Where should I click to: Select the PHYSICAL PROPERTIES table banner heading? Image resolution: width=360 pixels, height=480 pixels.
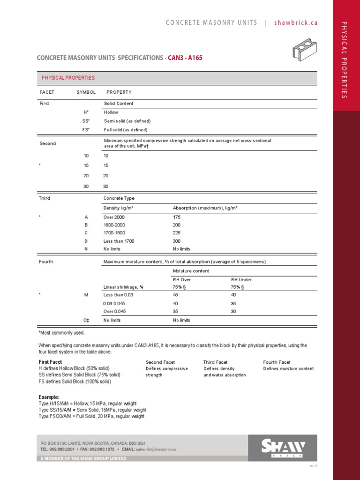(x=68, y=78)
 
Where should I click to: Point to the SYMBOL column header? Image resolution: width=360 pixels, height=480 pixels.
(x=86, y=92)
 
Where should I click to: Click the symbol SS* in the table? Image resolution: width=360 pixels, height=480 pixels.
(x=86, y=121)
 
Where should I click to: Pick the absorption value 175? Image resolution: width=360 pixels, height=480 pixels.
(x=177, y=217)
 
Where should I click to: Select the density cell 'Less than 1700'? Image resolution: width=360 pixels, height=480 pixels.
(x=119, y=241)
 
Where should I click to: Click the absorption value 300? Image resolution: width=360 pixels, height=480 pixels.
(x=177, y=241)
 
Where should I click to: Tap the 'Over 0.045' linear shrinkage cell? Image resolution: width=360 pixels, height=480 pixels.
(x=114, y=311)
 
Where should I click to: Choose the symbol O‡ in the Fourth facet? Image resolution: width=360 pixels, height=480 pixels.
(x=86, y=320)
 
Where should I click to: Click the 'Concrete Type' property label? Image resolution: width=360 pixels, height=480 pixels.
(x=119, y=198)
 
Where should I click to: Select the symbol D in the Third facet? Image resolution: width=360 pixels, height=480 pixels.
(x=86, y=241)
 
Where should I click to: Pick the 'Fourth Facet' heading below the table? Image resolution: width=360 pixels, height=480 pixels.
(x=277, y=362)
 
